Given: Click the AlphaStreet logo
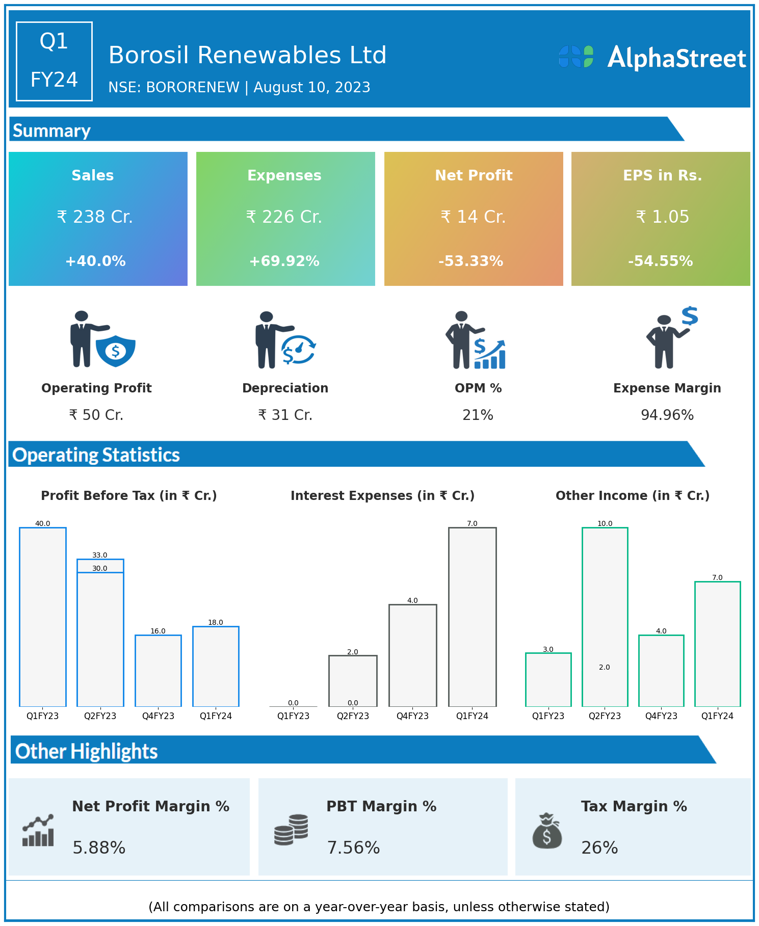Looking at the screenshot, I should coord(652,57).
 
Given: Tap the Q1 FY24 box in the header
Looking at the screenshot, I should coord(54,61).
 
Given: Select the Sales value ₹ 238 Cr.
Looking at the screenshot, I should coord(95,217).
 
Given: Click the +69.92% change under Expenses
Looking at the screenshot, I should coord(284,261).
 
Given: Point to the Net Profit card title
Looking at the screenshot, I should coord(474,175).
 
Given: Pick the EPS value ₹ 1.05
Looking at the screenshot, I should coord(662,217).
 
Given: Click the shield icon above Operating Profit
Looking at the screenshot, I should coord(116,351).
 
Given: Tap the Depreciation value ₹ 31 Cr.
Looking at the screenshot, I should coord(285,415).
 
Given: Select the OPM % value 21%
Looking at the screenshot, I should coord(478,415).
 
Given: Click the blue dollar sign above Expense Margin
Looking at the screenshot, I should coord(690,316).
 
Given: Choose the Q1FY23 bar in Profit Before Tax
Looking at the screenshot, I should coord(43,617).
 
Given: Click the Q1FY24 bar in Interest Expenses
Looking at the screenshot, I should coord(472,617).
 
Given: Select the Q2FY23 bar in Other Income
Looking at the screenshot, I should coord(605,617).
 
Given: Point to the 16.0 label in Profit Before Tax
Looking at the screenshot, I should coord(158,631).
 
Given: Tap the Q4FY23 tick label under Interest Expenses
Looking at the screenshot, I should coord(412,716).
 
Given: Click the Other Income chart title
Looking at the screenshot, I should coord(633,495).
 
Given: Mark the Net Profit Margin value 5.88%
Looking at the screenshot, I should coord(99,848).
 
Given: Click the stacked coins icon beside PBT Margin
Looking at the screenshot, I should coord(291,830).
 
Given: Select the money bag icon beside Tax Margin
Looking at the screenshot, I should coord(547,831).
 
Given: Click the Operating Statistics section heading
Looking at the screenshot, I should coord(96,455).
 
